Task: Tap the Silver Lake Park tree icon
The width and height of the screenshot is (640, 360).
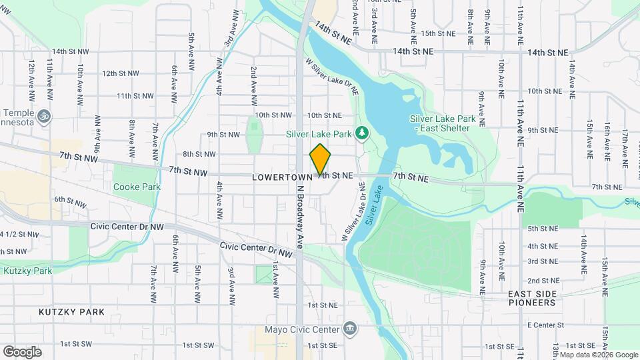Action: pyautogui.click(x=362, y=133)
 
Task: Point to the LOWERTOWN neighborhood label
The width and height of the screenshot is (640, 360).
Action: pyautogui.click(x=281, y=177)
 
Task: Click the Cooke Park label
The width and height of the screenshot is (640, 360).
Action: pyautogui.click(x=137, y=187)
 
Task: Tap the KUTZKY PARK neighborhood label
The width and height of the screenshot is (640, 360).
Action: pyautogui.click(x=71, y=312)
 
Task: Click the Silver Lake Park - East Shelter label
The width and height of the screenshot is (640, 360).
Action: pyautogui.click(x=443, y=123)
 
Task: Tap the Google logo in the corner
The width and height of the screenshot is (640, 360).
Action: pyautogui.click(x=22, y=351)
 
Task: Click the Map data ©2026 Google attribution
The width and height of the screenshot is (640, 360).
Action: pyautogui.click(x=598, y=355)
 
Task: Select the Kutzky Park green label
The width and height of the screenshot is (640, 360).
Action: pyautogui.click(x=27, y=271)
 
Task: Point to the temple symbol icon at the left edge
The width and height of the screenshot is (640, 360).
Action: pyautogui.click(x=44, y=115)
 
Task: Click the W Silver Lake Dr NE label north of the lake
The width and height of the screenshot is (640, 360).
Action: pyautogui.click(x=332, y=78)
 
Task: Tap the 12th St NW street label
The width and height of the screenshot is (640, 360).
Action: pyautogui.click(x=121, y=73)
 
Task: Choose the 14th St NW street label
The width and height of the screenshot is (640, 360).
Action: pyautogui.click(x=70, y=51)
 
